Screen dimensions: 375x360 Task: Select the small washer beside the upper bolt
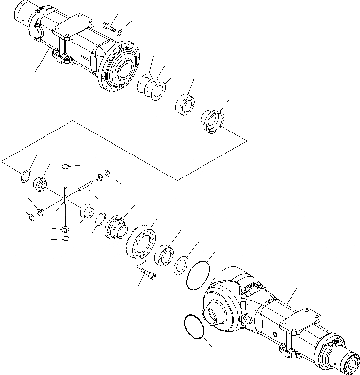120,33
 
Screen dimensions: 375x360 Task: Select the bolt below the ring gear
146,274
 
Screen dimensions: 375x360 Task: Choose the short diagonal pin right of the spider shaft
84,187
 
